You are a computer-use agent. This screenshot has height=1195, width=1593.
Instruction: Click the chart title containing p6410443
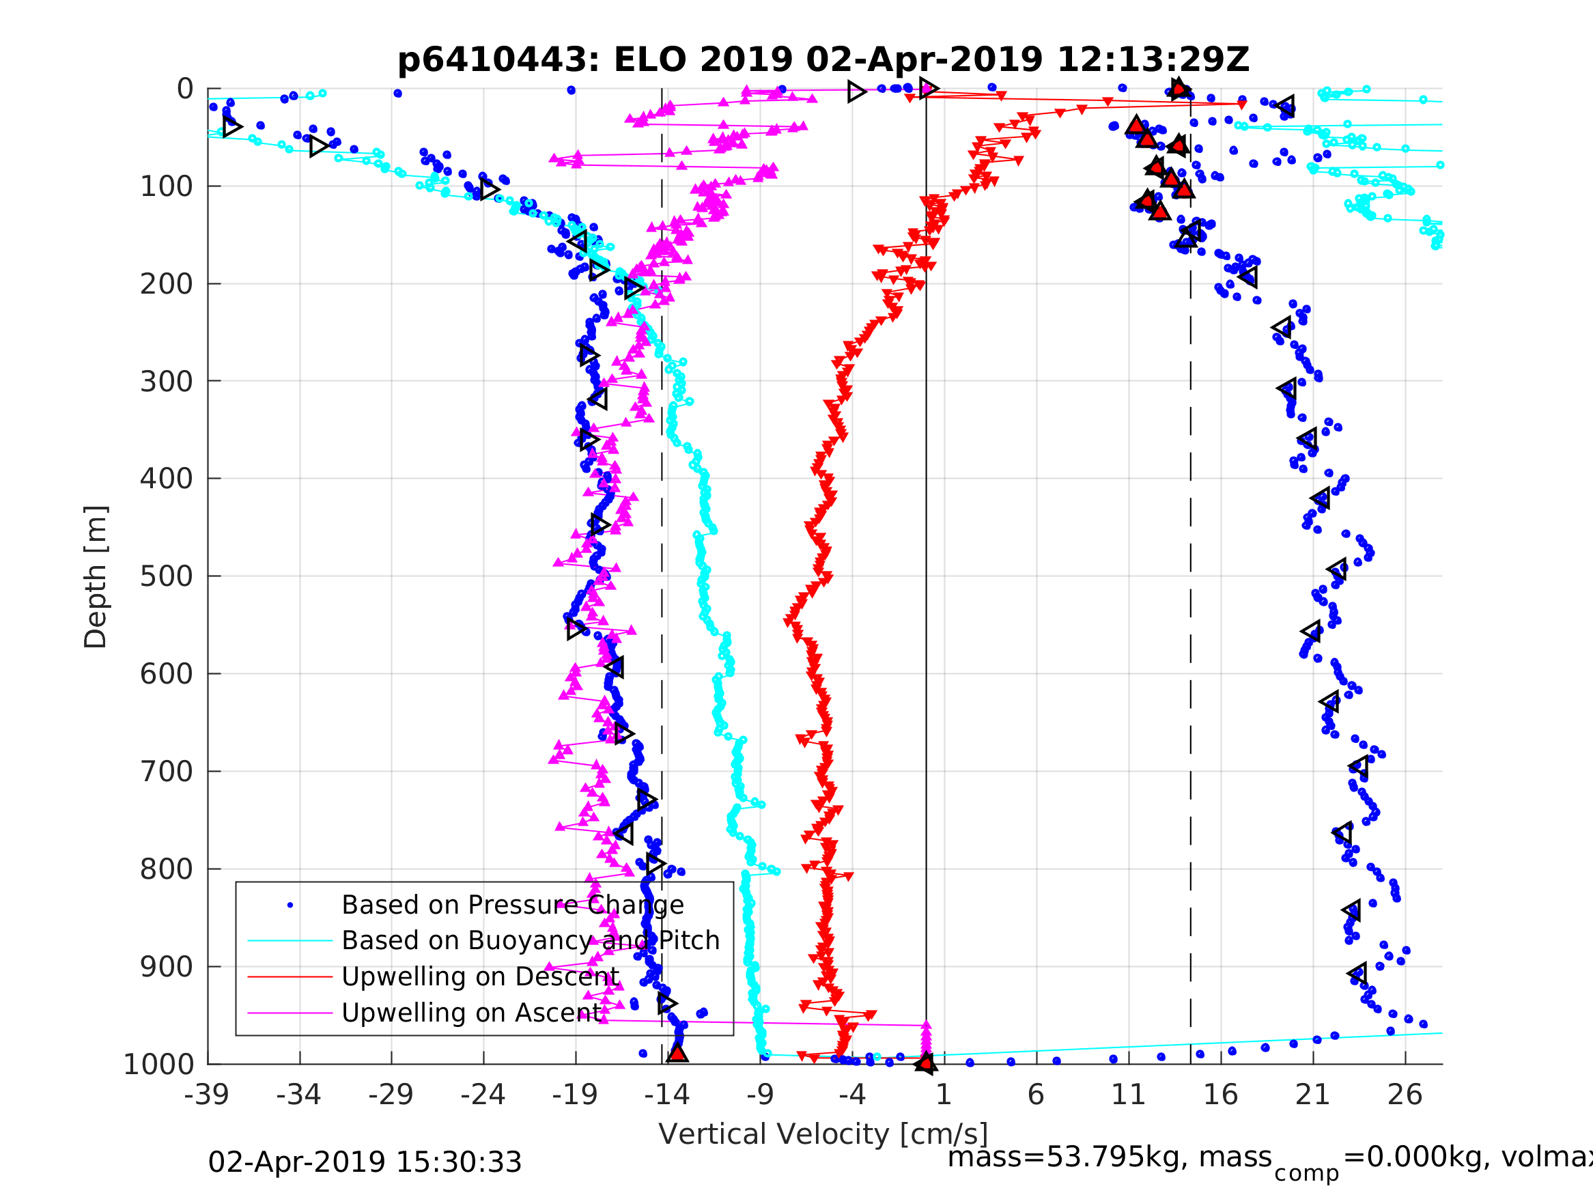click(823, 60)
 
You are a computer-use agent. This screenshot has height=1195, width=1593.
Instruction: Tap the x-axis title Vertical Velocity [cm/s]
click(823, 1134)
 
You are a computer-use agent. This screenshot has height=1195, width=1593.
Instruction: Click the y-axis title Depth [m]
click(96, 577)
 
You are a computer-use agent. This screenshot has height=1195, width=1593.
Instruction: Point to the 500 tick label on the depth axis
click(167, 576)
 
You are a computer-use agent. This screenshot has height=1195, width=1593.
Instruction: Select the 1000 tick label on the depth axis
click(158, 1065)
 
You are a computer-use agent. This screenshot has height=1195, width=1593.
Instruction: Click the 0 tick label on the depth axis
click(185, 89)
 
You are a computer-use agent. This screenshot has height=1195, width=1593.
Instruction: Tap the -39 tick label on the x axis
click(207, 1095)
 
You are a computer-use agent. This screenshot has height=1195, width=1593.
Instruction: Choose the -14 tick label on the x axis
click(667, 1095)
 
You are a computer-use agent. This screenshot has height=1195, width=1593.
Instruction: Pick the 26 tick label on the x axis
click(1405, 1095)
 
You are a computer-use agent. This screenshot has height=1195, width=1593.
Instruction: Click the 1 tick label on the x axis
click(944, 1095)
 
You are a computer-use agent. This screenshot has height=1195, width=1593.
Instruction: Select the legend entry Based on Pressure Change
click(512, 905)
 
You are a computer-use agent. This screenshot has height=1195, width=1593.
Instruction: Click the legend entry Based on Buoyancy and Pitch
click(530, 941)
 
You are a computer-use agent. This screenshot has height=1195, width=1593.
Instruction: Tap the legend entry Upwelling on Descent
click(480, 976)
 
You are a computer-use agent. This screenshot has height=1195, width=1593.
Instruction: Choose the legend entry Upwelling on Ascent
click(473, 1013)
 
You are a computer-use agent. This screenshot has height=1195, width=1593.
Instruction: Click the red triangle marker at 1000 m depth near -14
click(677, 1054)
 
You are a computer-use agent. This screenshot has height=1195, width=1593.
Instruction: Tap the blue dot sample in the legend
click(290, 905)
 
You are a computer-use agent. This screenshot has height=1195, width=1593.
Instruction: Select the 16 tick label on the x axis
click(1221, 1095)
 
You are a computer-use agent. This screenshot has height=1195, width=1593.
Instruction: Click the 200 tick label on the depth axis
click(167, 284)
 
